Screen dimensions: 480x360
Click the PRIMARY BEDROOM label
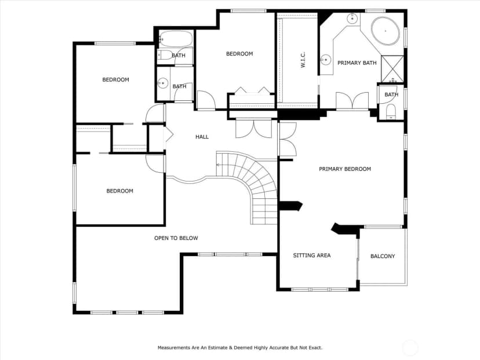[x=345, y=169]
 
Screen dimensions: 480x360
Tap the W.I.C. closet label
[x=303, y=60]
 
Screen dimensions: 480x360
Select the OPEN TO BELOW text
[x=176, y=238]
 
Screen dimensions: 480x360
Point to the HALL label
[x=202, y=137]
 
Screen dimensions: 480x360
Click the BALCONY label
[x=383, y=256]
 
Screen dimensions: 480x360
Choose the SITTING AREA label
[x=312, y=255]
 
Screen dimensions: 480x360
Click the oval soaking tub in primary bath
[x=386, y=31]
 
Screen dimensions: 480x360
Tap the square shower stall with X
[x=392, y=69]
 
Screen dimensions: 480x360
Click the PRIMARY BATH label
[x=357, y=63]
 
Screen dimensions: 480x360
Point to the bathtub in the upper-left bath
[x=176, y=39]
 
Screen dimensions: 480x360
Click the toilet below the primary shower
[x=391, y=111]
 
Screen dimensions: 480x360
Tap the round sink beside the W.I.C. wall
[x=326, y=59]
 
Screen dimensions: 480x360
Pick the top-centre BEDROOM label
[x=239, y=54]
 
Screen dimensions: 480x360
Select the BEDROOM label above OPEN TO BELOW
[x=119, y=191]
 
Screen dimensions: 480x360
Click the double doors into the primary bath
[x=352, y=100]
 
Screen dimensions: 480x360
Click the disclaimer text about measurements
[x=240, y=348]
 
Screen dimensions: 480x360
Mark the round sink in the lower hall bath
[x=163, y=83]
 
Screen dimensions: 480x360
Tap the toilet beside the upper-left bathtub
[x=165, y=55]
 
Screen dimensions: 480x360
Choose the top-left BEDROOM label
[x=116, y=80]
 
